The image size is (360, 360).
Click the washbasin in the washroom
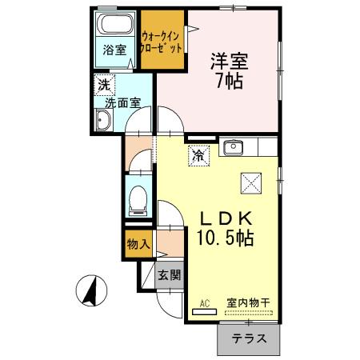click(x=102, y=121)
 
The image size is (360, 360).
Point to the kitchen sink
click(x=234, y=147)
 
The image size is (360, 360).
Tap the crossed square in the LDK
click(x=252, y=182)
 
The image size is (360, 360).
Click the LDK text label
click(x=226, y=218)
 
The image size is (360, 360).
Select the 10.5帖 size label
click(x=226, y=238)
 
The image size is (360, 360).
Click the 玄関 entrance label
click(x=169, y=276)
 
